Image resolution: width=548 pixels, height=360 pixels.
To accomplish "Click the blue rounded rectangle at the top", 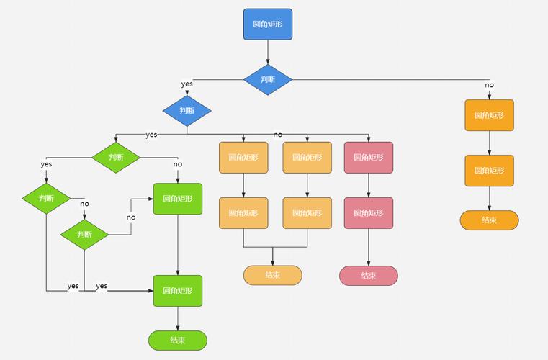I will (267, 24).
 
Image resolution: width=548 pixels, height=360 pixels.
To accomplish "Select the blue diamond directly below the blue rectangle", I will (267, 79).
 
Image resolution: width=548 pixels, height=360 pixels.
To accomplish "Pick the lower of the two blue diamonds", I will (187, 111).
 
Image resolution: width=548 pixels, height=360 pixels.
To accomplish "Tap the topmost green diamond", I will (115, 157).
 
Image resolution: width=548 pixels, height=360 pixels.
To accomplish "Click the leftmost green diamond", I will (46, 198).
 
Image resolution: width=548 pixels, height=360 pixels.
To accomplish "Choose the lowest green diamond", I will (84, 234).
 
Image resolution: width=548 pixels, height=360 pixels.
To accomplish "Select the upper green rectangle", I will (177, 199).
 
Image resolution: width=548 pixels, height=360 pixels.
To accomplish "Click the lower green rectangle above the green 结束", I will (177, 291).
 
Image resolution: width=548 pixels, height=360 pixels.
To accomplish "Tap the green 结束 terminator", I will (177, 341).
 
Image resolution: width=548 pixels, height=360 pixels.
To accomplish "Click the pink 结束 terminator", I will (368, 275).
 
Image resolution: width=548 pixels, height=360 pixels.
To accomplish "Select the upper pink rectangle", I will (368, 157).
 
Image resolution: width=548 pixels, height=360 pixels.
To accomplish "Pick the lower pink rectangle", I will (368, 213).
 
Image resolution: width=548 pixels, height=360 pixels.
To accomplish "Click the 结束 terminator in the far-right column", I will (489, 220).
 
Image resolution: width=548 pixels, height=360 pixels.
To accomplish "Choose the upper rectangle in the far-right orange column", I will (489, 115).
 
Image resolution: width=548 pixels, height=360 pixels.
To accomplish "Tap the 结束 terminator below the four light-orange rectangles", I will (272, 275).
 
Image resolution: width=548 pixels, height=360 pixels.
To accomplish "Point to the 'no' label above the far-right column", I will (489, 85).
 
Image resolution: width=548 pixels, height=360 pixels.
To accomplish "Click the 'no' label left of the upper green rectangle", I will (131, 217).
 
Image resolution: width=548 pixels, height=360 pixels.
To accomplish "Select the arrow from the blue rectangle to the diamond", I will (267, 52).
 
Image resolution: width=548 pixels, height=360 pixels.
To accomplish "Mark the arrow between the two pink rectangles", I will (368, 185).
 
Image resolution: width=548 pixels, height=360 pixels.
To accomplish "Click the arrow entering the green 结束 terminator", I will (177, 319).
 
